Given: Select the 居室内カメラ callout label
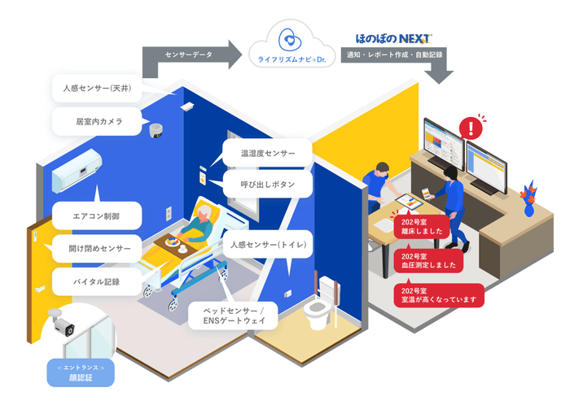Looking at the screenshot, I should pos(94,122).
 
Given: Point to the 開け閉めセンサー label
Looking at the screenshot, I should pos(94,249).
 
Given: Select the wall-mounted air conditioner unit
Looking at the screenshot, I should pos(78,170).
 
